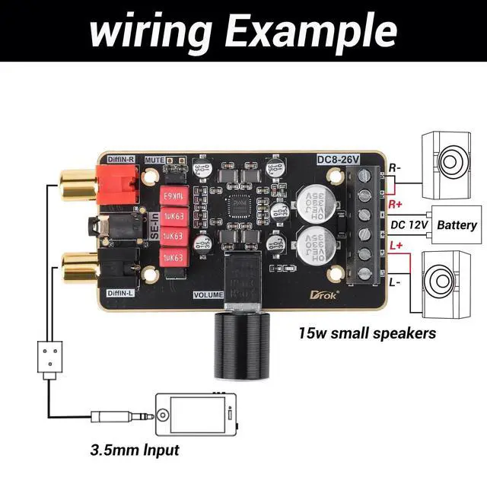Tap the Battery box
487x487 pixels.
click(456, 224)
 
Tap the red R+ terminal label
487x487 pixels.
click(396, 205)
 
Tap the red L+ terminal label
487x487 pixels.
click(396, 245)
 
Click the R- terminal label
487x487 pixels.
click(396, 167)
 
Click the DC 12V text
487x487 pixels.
click(408, 224)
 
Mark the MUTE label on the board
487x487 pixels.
click(154, 161)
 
